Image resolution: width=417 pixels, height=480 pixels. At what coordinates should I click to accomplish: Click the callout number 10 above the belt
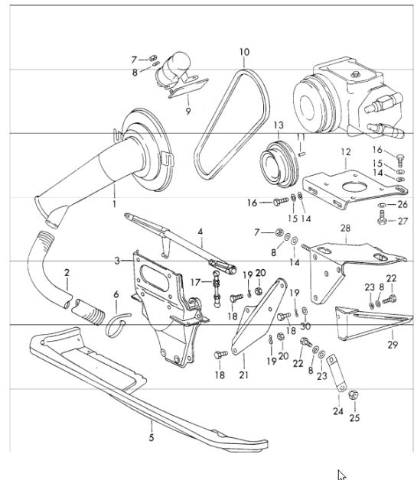click(x=244, y=52)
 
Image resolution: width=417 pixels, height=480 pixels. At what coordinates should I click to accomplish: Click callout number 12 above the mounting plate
click(x=346, y=152)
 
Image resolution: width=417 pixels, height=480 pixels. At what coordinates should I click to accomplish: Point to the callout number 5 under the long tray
click(x=151, y=437)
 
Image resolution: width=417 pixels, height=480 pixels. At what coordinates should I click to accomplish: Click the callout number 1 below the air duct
click(x=114, y=204)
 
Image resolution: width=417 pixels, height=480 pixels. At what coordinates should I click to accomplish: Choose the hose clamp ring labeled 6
click(x=108, y=329)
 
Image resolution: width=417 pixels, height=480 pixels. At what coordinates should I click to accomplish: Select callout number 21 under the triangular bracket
click(x=243, y=375)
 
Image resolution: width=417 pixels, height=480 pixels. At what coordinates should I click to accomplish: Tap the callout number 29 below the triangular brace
click(x=393, y=345)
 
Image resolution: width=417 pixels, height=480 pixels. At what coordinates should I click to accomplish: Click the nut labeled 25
click(x=353, y=395)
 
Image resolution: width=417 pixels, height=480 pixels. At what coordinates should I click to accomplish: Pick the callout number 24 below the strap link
click(x=338, y=411)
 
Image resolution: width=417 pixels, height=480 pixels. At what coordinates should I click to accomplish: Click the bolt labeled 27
click(x=382, y=219)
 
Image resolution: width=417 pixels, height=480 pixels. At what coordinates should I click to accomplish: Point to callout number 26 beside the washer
click(x=402, y=205)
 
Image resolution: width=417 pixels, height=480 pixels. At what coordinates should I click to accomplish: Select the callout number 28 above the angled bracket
click(x=345, y=228)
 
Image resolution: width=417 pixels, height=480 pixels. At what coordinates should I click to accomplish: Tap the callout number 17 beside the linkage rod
click(x=195, y=282)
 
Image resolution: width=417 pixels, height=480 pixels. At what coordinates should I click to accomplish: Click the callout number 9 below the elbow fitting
click(x=188, y=111)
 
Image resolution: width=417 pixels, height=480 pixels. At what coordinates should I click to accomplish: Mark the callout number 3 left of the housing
click(x=117, y=261)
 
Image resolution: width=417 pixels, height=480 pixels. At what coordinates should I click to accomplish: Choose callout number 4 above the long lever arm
click(x=200, y=232)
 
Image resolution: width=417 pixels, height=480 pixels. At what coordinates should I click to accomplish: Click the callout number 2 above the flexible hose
click(x=67, y=272)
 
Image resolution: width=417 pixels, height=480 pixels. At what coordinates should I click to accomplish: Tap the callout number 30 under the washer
click(x=305, y=326)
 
